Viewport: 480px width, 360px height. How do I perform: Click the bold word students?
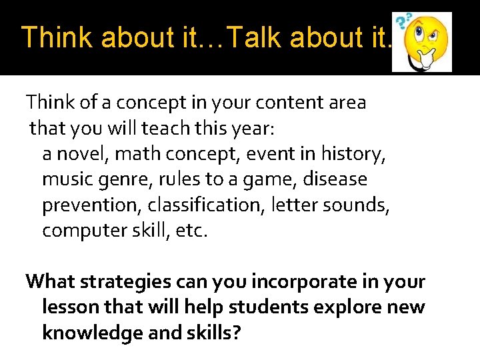click(258, 307)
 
